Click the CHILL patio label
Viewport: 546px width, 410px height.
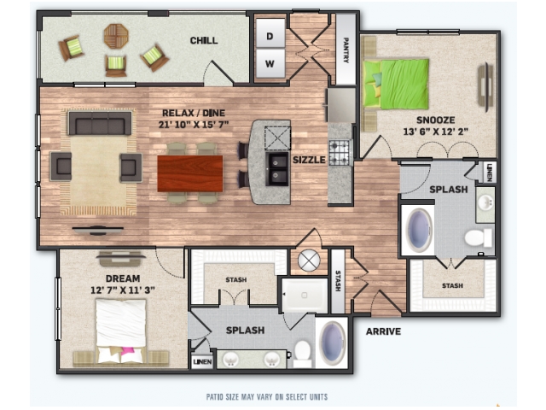[204, 40]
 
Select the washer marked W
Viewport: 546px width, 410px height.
[270, 63]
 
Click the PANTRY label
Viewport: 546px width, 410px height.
[346, 50]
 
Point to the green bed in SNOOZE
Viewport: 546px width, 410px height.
[396, 84]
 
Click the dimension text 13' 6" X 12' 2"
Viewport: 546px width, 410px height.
[435, 132]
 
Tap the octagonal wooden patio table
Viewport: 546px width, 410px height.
[116, 36]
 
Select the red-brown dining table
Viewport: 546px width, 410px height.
[190, 173]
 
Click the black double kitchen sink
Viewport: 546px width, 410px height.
[277, 169]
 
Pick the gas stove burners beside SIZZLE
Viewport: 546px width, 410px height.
[340, 152]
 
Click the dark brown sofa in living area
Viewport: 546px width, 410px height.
[100, 123]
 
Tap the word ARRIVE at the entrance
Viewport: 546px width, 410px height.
[383, 331]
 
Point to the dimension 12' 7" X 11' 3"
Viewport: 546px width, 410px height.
[123, 290]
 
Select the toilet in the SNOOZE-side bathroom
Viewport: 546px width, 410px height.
[479, 237]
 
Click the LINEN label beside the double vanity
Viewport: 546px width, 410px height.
[202, 362]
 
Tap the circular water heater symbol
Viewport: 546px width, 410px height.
[309, 261]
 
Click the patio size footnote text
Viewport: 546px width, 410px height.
[267, 397]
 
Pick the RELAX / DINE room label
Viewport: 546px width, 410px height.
[194, 113]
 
